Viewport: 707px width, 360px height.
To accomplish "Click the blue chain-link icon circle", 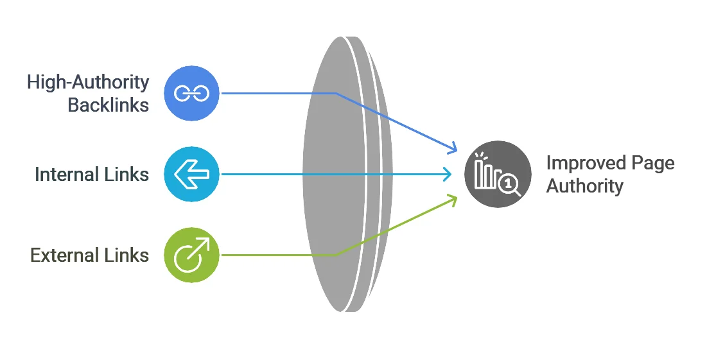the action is tap(191, 93).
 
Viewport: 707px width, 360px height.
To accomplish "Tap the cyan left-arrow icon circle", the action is tap(191, 174).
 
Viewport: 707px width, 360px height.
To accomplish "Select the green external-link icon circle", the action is tap(191, 255).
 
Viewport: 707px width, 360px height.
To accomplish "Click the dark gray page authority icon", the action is tap(498, 174).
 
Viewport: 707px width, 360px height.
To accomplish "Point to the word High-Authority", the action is tap(88, 82).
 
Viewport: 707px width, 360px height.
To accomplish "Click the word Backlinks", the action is tap(109, 105).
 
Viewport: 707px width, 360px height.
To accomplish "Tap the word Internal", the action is tap(67, 175).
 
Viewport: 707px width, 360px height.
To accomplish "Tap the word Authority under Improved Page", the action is tap(585, 185).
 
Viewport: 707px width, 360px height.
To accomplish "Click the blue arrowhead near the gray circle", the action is tap(452, 148).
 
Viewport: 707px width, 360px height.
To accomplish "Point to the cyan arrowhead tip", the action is tap(451, 174).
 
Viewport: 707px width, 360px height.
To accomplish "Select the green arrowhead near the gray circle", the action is tap(452, 200).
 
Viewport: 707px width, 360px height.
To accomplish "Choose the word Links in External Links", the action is tap(127, 255).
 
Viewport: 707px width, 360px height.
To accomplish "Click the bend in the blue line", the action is tap(336, 93).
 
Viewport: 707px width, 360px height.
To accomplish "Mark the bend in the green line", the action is tap(336, 255).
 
